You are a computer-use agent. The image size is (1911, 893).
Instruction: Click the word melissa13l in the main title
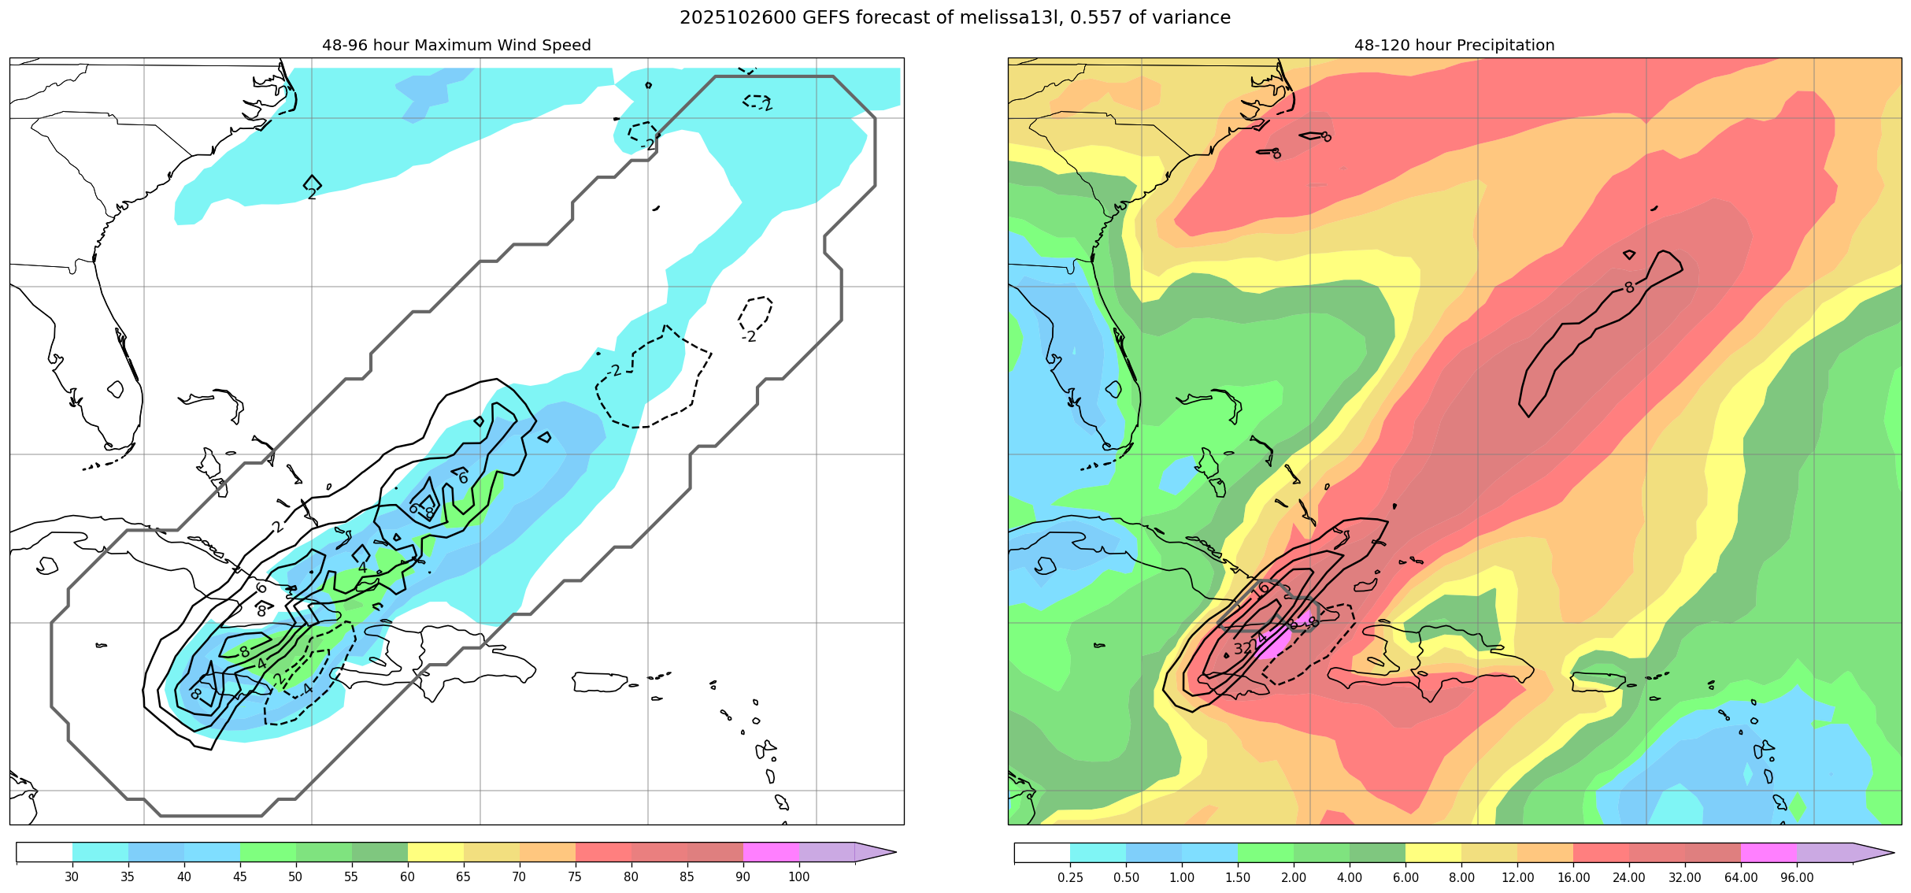point(1008,17)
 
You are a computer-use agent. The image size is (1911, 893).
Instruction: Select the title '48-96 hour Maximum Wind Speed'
point(457,46)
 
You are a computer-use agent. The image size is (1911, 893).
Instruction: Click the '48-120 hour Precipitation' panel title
point(1454,46)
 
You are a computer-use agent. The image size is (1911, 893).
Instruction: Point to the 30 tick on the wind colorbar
point(72,877)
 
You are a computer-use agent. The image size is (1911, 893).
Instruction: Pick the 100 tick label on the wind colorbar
point(798,877)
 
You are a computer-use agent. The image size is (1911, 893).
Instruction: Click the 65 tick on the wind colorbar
point(463,877)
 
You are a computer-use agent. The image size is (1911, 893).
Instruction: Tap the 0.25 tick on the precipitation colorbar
point(1070,877)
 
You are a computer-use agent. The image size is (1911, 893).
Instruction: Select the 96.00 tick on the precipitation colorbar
point(1797,877)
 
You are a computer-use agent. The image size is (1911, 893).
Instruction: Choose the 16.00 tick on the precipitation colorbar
point(1573,877)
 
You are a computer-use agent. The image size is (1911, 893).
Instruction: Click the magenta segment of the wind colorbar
point(771,852)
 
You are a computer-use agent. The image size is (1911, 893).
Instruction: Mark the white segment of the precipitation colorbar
point(1042,852)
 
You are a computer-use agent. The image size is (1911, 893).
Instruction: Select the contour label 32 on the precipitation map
point(1242,649)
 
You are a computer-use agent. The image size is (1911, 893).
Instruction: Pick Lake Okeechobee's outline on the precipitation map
point(1113,389)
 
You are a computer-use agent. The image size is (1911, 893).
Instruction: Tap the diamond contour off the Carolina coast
point(312,183)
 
